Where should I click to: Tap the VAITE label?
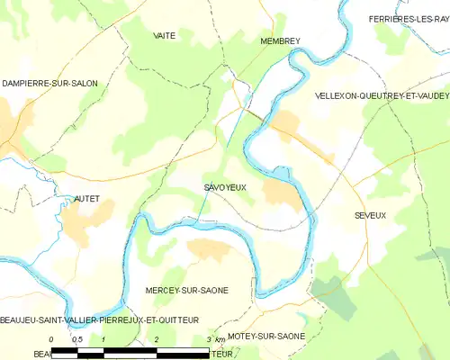click(164, 35)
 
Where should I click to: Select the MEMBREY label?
click(279, 41)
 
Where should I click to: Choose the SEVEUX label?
click(370, 216)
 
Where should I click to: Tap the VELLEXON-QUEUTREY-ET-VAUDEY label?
click(382, 94)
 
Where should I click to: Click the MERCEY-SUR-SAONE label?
click(186, 291)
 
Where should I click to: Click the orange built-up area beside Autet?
click(90, 214)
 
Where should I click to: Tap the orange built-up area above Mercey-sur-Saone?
click(209, 250)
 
